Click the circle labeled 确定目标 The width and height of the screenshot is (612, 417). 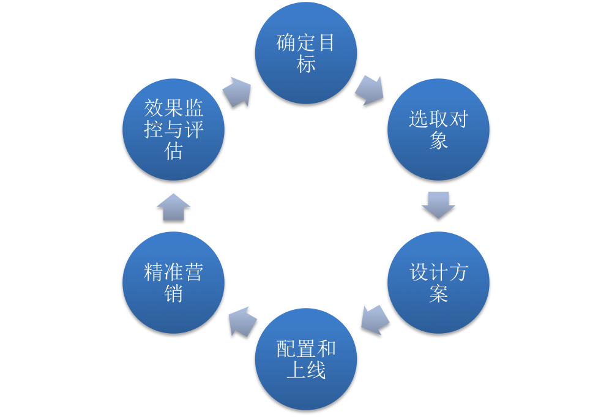(x=306, y=53)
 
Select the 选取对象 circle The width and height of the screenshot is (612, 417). (x=438, y=129)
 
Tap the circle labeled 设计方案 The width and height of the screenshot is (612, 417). (x=438, y=282)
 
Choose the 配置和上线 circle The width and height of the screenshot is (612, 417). (x=306, y=359)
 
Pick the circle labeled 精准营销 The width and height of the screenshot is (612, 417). (x=173, y=282)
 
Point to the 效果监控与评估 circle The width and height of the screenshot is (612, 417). (x=173, y=129)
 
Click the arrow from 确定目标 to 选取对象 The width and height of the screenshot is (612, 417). (x=369, y=91)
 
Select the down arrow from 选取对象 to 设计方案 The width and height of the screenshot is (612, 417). (x=438, y=205)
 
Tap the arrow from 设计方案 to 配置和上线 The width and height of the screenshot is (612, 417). (x=375, y=320)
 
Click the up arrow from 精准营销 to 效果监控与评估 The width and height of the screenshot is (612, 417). (x=173, y=207)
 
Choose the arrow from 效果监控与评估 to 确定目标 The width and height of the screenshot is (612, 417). (x=237, y=92)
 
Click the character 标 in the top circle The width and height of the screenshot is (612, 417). (x=306, y=64)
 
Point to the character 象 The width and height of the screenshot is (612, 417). (x=438, y=141)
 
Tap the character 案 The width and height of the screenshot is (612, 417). (x=438, y=294)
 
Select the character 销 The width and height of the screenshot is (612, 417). (x=174, y=294)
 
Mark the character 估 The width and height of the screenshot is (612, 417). (x=174, y=151)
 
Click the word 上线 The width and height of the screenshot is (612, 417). (x=306, y=370)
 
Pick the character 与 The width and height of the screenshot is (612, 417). (x=174, y=130)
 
